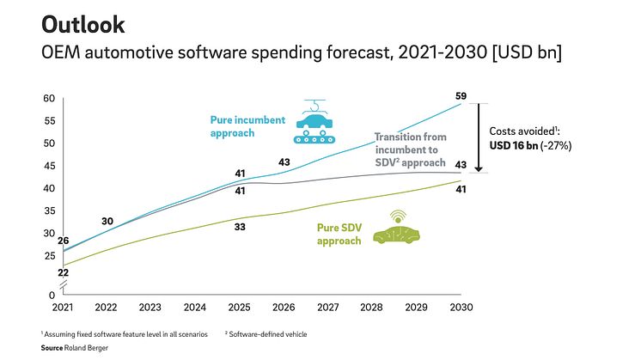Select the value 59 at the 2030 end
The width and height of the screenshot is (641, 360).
460,95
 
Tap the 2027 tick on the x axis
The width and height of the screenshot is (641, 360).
327,307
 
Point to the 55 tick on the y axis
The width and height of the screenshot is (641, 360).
49,121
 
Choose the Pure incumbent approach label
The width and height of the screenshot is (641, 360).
247,127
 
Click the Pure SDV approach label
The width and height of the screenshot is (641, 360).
339,235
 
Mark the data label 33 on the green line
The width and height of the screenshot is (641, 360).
240,228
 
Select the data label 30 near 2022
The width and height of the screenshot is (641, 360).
107,222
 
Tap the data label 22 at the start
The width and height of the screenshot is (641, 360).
63,272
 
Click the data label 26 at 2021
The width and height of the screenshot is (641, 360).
63,241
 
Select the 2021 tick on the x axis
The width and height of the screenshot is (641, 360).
63,307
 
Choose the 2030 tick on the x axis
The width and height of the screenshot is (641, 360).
461,307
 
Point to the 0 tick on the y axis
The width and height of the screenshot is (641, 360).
52,295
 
